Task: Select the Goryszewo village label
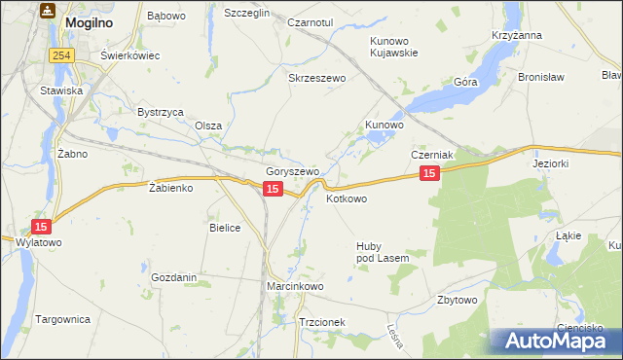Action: click(293, 172)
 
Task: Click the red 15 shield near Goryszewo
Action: click(273, 189)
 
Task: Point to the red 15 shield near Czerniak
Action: click(430, 172)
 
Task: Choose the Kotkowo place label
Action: click(347, 198)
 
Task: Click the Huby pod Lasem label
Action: click(383, 251)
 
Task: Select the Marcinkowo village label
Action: click(295, 287)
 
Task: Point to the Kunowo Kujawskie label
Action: click(393, 47)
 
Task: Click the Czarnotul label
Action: click(311, 21)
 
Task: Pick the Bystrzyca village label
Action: click(161, 112)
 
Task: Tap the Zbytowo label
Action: click(458, 300)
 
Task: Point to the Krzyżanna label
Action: click(517, 35)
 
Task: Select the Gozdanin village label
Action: click(174, 277)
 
